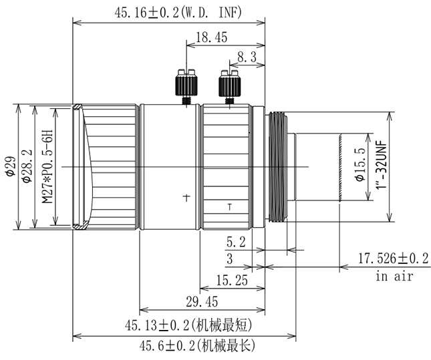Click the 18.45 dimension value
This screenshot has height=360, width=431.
[x=211, y=37]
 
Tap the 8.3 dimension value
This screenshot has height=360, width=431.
[x=247, y=57]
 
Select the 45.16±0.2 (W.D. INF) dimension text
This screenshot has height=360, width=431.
[x=178, y=13]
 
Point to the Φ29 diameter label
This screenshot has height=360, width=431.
[x=11, y=166]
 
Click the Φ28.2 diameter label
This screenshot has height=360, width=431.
[x=27, y=166]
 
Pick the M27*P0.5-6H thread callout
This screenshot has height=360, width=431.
[x=47, y=166]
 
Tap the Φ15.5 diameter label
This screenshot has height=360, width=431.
[x=360, y=164]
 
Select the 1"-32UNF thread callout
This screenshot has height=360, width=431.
[x=382, y=165]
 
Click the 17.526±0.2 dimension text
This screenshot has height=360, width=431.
[x=394, y=258]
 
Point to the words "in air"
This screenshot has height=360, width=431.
[x=394, y=277]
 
